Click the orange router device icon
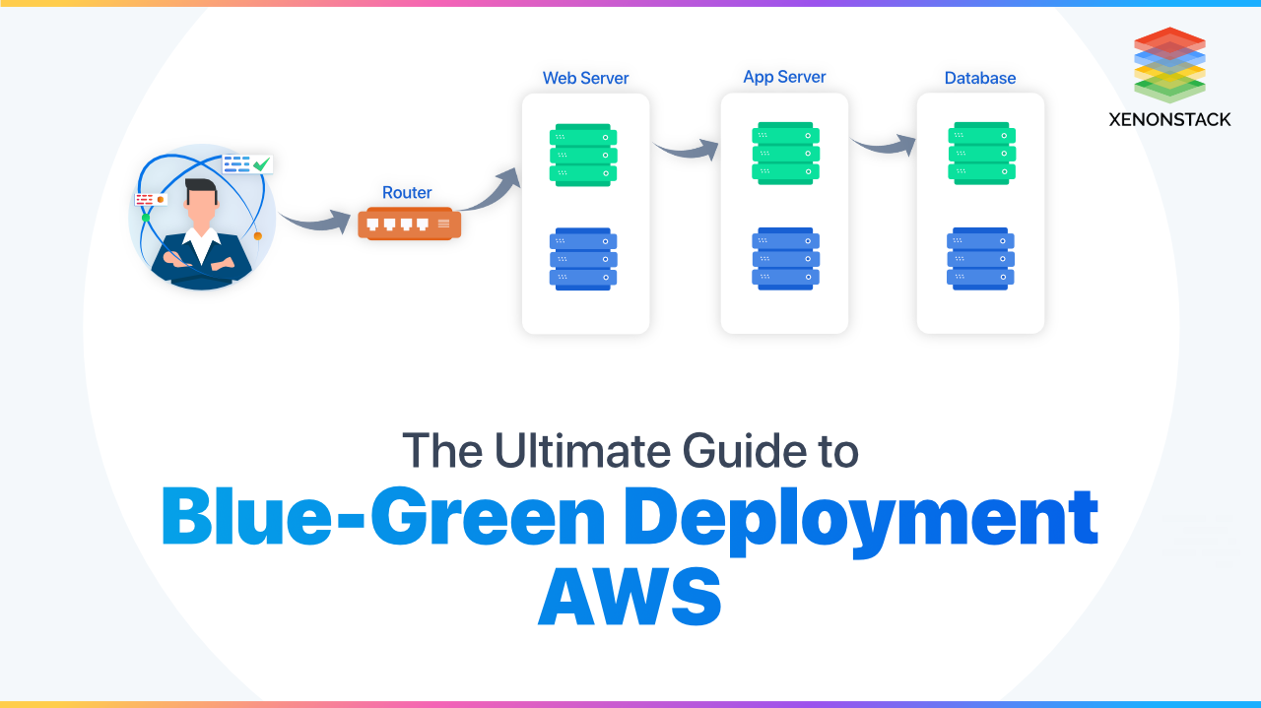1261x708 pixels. (x=409, y=225)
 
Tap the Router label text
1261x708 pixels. (x=407, y=193)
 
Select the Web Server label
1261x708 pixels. (x=585, y=78)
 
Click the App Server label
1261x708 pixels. (x=784, y=77)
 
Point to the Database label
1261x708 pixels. (x=980, y=78)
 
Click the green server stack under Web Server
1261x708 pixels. (x=584, y=155)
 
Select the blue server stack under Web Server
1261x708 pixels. (x=584, y=259)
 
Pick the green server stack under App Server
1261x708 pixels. (x=785, y=153)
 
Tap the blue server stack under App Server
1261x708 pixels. (x=785, y=258)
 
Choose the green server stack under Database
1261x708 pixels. (x=980, y=154)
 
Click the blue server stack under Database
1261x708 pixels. (x=980, y=258)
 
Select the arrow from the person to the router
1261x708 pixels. (x=315, y=219)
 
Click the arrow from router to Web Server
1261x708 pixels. (x=493, y=192)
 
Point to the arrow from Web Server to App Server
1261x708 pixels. (x=686, y=150)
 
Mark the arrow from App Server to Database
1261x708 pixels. (x=883, y=146)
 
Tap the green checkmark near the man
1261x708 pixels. (x=261, y=163)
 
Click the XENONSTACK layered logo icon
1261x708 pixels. (x=1169, y=64)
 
